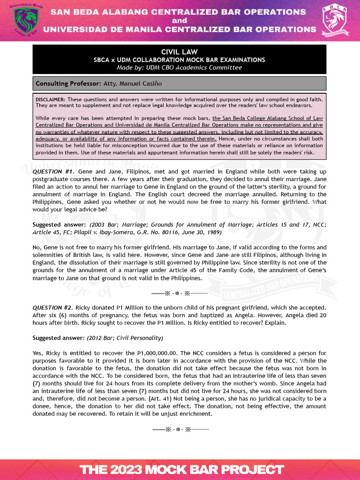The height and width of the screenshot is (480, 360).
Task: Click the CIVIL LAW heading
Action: pos(180,52)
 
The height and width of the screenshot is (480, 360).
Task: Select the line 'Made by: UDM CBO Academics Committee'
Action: pos(180,67)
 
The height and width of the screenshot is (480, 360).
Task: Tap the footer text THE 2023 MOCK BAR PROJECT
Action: pos(181,469)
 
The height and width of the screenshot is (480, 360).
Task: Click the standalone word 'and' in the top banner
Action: pos(180,21)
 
